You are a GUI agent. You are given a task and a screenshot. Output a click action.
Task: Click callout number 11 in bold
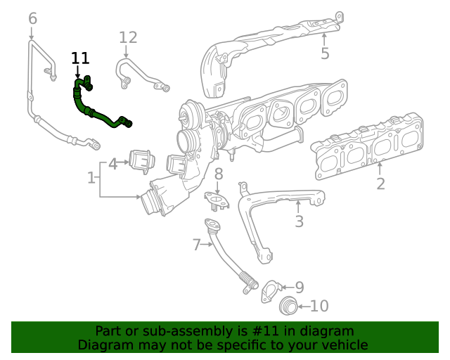click(81, 58)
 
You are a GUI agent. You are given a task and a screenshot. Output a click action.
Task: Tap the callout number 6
click(32, 18)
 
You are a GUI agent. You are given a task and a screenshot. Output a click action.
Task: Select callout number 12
click(128, 37)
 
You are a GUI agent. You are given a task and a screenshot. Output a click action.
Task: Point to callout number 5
click(325, 53)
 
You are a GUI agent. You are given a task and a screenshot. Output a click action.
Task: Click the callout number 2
click(380, 184)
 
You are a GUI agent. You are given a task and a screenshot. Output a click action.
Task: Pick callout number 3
click(299, 222)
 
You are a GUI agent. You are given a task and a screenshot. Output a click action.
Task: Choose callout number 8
click(219, 173)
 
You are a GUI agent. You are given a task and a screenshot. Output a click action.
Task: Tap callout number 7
click(197, 245)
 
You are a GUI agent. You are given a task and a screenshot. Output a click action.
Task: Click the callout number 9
click(299, 287)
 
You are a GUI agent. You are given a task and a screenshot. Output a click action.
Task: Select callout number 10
click(319, 306)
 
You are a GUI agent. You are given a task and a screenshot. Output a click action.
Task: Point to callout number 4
click(112, 165)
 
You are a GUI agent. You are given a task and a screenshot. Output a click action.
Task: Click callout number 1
click(91, 179)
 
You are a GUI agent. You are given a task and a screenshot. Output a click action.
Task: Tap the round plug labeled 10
click(288, 307)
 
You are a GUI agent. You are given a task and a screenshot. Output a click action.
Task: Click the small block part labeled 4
click(143, 162)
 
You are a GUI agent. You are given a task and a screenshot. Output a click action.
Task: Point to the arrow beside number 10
click(303, 307)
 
